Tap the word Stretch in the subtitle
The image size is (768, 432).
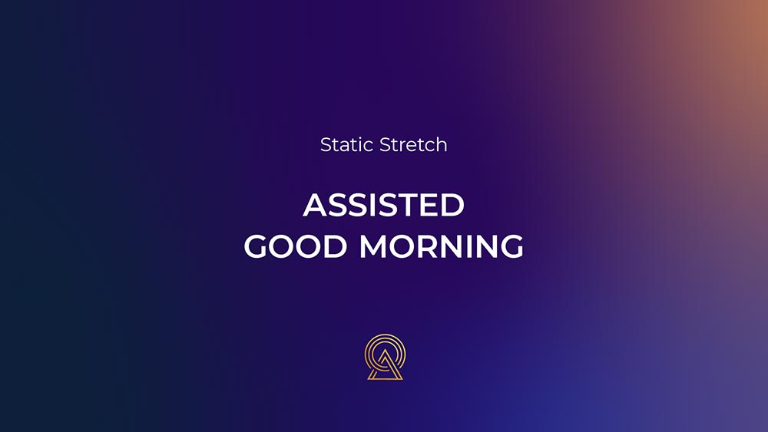[413, 145]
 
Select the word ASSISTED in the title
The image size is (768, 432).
[383, 205]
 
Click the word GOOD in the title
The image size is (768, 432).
[296, 246]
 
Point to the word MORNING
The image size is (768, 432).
[442, 246]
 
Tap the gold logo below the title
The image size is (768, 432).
[385, 357]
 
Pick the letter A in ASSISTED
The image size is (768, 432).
[315, 205]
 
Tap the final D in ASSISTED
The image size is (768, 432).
[454, 205]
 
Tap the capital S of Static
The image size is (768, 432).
[326, 145]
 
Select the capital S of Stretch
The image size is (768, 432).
[386, 145]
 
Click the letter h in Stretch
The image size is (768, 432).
[442, 144]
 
